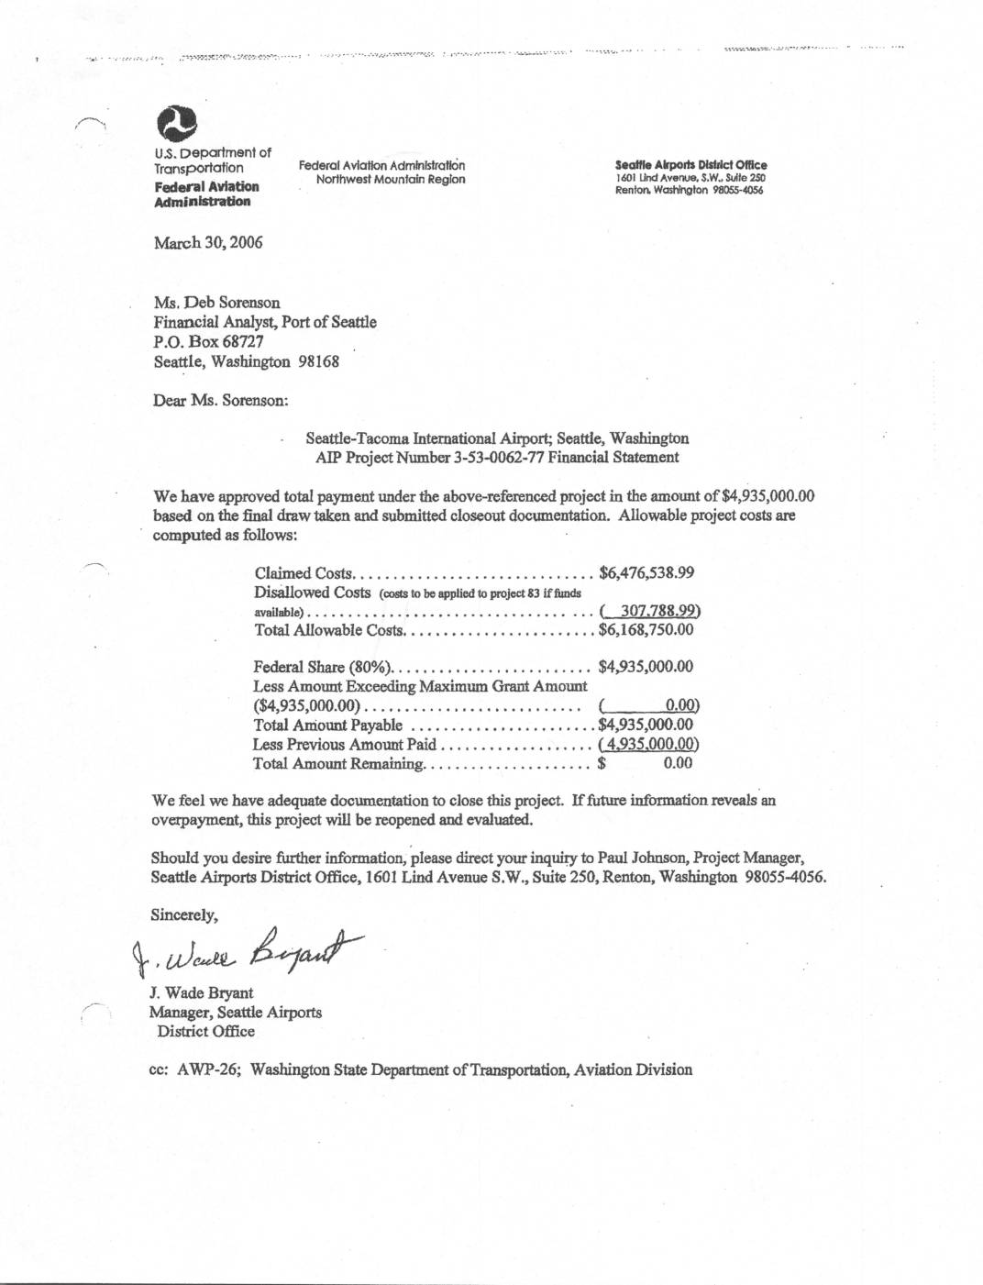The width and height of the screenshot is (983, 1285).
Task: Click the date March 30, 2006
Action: pos(208,242)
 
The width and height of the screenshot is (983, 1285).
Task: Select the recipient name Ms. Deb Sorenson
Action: pos(217,303)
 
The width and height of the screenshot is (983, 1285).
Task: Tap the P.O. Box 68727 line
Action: pos(209,341)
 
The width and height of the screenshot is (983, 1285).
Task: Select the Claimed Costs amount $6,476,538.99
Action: pos(646,573)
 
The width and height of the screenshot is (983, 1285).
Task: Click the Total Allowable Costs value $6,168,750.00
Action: pos(646,630)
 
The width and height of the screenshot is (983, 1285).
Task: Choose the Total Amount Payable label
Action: pos(327,725)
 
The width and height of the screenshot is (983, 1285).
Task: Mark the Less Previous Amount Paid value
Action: pos(649,745)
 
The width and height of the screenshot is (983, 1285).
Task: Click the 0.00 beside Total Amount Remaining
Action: pos(678,763)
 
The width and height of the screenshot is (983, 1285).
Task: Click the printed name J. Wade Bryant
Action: pos(201,993)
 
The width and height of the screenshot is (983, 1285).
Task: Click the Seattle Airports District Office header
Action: pos(691,165)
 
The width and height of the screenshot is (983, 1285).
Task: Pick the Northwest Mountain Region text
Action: pos(391,180)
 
